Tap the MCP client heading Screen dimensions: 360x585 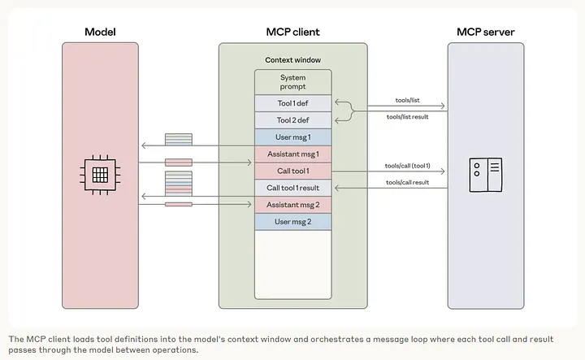(292, 32)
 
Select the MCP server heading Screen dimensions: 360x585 (485, 32)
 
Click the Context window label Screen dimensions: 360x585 (292, 60)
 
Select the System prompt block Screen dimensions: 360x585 (292, 82)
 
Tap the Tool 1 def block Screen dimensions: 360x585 (292, 103)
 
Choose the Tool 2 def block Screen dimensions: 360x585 (292, 120)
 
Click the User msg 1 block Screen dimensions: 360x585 (292, 137)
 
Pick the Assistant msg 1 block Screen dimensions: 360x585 (292, 154)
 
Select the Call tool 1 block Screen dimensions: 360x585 (292, 171)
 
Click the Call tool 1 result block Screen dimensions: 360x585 (292, 188)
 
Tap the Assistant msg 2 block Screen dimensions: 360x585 (292, 205)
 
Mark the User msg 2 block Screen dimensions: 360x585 (292, 222)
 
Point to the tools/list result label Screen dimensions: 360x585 (406, 116)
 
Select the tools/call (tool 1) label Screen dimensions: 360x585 (407, 166)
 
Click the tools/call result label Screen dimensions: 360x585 (407, 183)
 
